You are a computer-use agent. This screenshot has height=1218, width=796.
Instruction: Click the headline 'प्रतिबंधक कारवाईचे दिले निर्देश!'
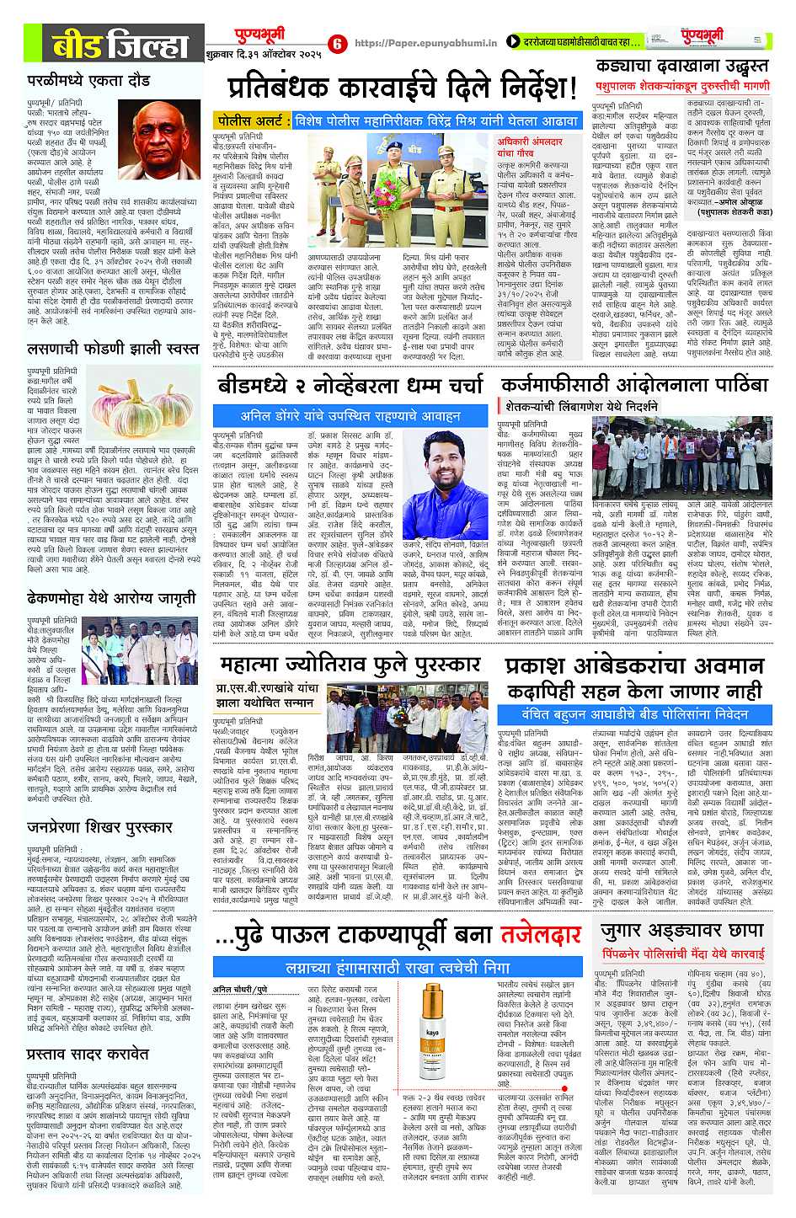tap(403, 87)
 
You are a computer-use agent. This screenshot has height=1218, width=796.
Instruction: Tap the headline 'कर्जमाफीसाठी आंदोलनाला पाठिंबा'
tap(634, 385)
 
